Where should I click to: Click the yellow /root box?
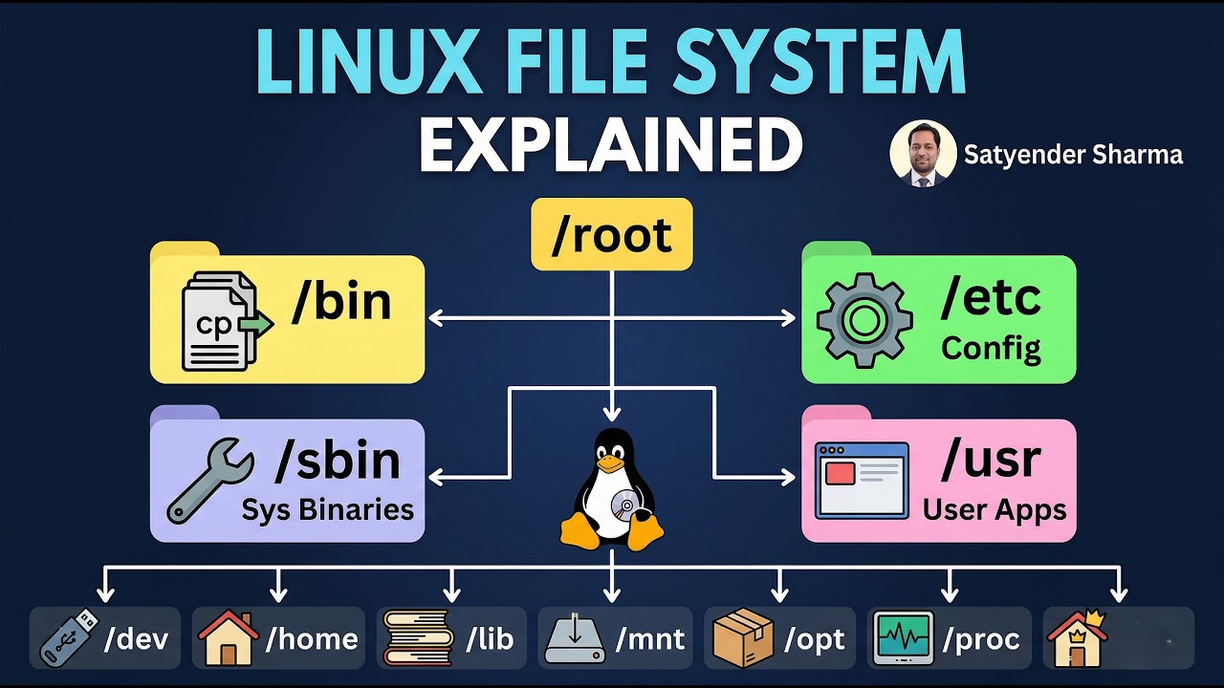(611, 234)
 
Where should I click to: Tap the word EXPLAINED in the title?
(610, 146)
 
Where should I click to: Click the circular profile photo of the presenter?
(923, 153)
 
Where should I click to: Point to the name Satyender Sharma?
(1073, 155)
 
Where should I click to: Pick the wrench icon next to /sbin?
(209, 481)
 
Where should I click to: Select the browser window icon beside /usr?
(861, 480)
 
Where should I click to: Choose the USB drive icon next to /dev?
(69, 636)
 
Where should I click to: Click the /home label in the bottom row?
(312, 638)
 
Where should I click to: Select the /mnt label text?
(650, 638)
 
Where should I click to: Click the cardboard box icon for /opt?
(744, 637)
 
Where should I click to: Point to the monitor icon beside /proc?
(903, 637)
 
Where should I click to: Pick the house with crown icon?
(1077, 637)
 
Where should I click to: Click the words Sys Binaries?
(327, 509)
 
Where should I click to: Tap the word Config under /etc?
(991, 348)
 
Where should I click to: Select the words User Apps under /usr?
(994, 509)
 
